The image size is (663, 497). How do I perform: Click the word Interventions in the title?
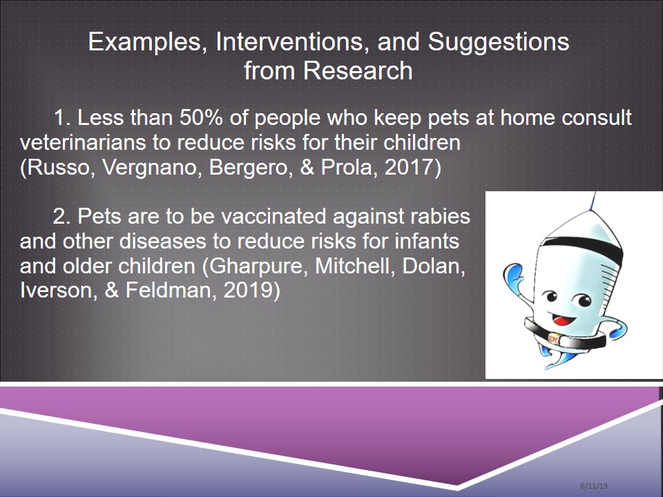293,42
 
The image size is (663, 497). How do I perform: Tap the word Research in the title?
358,70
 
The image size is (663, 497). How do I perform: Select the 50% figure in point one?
201,117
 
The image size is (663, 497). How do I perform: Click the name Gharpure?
256,266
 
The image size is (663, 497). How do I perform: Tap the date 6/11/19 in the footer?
594,485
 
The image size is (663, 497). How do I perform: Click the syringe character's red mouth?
563,320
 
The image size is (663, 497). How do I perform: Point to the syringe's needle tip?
595,193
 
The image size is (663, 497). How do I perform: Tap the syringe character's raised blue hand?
512,276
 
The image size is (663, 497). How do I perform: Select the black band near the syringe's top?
583,246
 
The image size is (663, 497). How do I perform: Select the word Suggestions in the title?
499,43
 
